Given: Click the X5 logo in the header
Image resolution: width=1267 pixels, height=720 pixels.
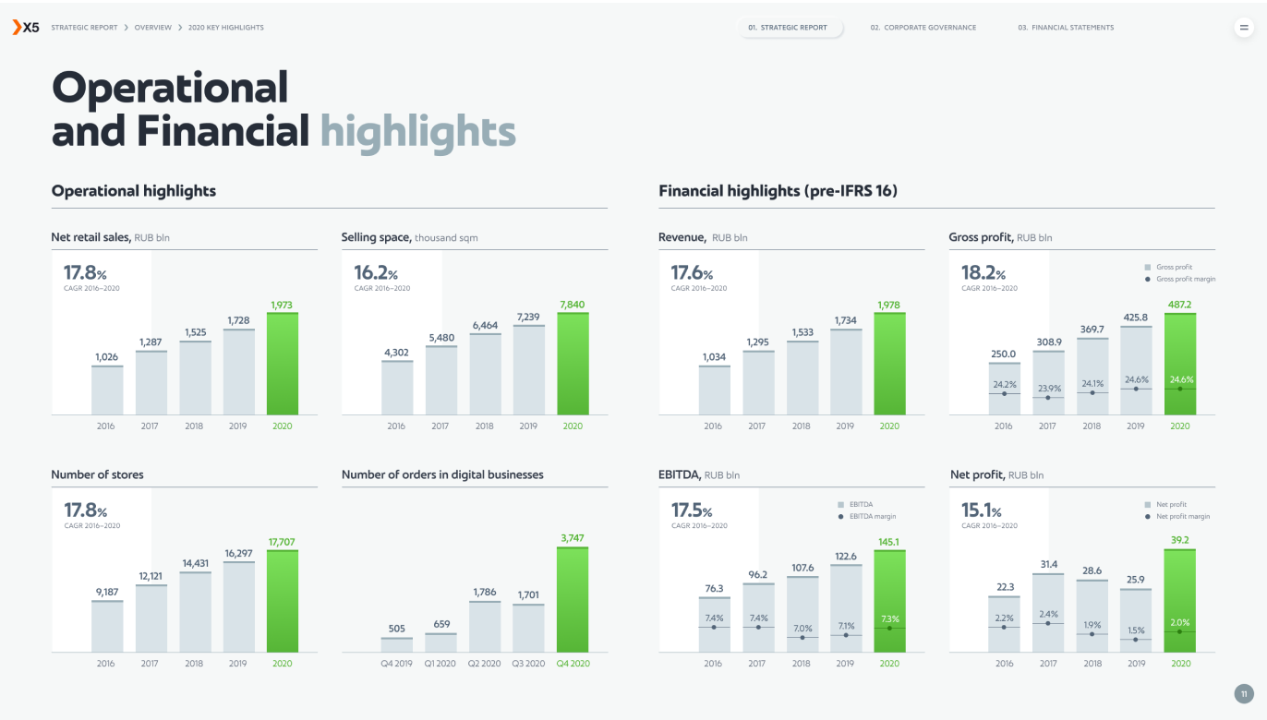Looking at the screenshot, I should [x=25, y=28].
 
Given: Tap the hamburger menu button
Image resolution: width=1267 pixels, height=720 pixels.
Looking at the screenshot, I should [x=1243, y=28].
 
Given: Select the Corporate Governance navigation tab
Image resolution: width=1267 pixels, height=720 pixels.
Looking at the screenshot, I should [x=923, y=28].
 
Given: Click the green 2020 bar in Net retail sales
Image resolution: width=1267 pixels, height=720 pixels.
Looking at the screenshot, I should [x=283, y=364].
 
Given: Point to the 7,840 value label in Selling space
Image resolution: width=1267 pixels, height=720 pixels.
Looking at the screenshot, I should [x=573, y=305].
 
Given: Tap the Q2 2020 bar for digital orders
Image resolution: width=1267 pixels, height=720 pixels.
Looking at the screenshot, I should [x=485, y=627].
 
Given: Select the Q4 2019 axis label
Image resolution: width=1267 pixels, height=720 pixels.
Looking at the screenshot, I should [x=397, y=664].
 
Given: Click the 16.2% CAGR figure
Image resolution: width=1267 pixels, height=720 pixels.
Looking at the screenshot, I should [x=376, y=273].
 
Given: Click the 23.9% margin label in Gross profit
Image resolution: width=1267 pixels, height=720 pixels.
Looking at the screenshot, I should [x=1047, y=389].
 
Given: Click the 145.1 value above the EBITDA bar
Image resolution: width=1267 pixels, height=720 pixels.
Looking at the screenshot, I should [x=889, y=542].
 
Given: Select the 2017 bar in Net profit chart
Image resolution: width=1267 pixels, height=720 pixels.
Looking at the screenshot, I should [x=1048, y=613].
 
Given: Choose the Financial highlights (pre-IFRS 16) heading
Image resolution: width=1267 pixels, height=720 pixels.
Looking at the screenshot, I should [x=778, y=191].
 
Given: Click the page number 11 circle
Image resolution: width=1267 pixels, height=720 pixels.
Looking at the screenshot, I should [x=1244, y=693].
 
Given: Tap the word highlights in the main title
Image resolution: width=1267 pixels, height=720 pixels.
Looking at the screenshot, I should [x=417, y=132].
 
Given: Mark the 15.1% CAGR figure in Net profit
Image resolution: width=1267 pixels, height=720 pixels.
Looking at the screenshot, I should [x=983, y=510].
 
